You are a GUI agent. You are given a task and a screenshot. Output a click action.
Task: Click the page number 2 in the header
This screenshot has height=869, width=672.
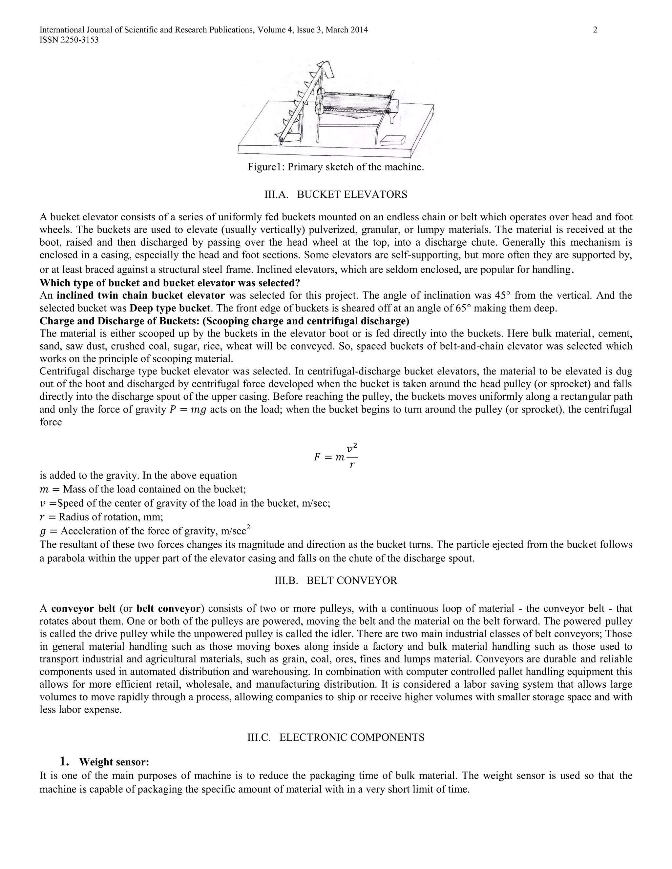coord(595,30)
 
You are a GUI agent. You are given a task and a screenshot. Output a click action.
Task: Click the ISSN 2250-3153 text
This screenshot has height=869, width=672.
coord(69,40)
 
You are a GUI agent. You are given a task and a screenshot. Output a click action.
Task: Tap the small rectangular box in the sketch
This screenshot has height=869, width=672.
coord(392,140)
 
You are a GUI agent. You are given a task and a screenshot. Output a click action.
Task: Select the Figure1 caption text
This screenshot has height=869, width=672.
coord(336,167)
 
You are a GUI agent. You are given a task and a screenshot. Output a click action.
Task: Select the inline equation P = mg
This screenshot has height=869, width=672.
coord(188,410)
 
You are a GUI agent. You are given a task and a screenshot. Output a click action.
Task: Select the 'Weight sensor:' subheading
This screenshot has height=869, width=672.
coord(114,762)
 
